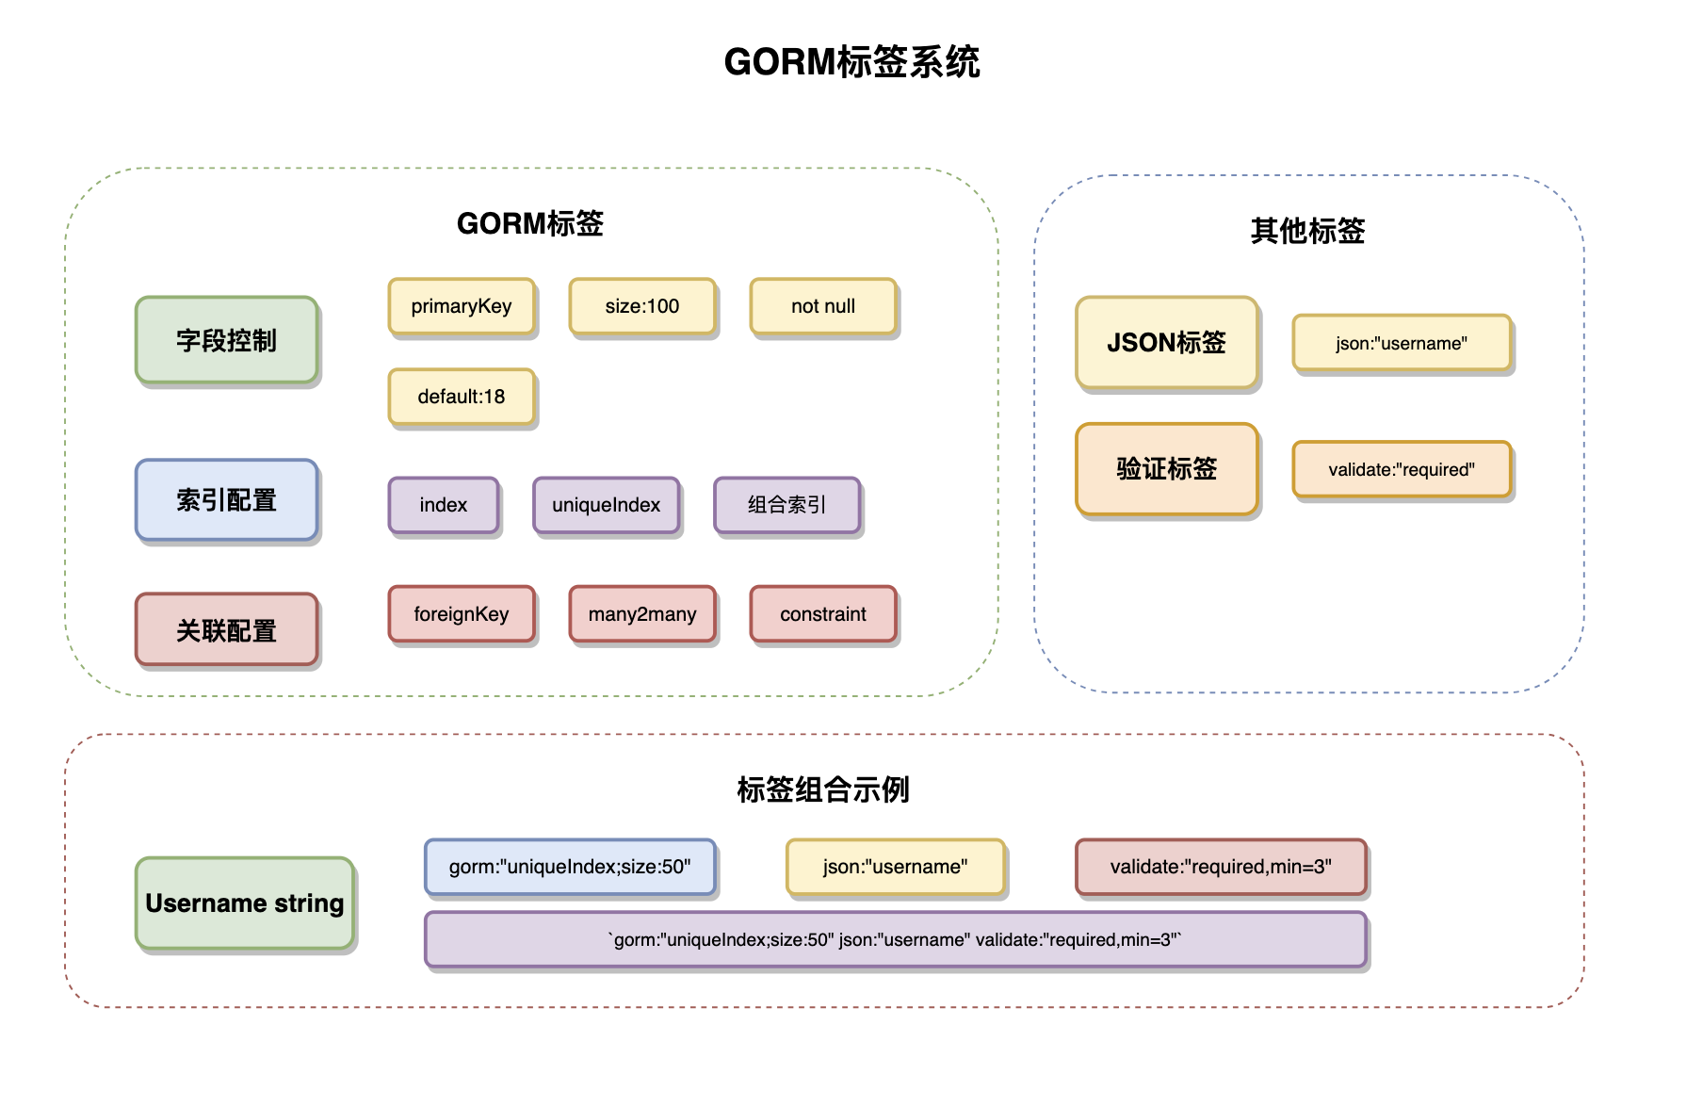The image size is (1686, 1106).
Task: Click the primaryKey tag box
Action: tap(462, 306)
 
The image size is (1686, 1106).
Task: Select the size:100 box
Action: tap(642, 306)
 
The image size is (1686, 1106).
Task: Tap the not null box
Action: tap(823, 306)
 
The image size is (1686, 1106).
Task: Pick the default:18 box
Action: tap(462, 397)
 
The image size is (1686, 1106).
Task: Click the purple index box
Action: tap(444, 505)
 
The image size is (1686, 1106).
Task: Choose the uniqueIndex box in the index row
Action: tap(607, 505)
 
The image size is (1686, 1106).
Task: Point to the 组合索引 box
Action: tap(787, 505)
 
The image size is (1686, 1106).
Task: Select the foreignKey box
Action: tap(462, 614)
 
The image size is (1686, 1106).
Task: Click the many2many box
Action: tap(642, 614)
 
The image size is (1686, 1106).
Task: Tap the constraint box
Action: tap(823, 614)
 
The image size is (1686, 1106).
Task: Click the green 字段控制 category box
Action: tap(227, 340)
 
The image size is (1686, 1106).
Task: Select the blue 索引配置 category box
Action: tap(227, 500)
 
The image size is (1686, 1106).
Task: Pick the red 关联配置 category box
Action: tap(227, 629)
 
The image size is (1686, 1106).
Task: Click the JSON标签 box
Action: tap(1167, 343)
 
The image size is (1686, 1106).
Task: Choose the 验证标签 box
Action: tap(1167, 469)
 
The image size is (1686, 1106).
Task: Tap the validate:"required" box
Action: tap(1402, 469)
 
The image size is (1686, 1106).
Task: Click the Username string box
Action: tap(245, 903)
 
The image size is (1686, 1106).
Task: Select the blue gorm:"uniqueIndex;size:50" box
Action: tap(570, 867)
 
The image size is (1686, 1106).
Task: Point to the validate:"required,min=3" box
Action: tap(1221, 867)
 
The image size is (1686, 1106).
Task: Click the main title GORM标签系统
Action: tap(851, 62)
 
